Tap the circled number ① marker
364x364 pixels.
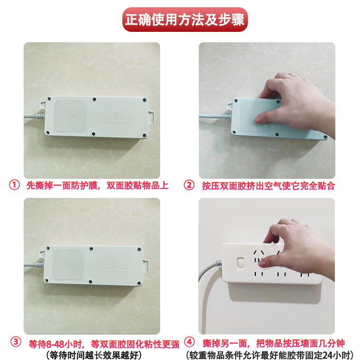15,185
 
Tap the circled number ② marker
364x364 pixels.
189,185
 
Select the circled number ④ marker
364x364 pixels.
189,343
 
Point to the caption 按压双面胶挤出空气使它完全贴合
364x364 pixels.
268,185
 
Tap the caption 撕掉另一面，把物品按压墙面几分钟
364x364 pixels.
268,343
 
